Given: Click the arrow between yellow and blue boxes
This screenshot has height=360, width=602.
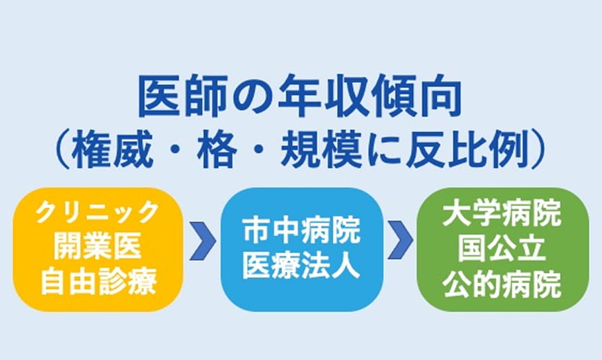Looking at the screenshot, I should pos(201,240).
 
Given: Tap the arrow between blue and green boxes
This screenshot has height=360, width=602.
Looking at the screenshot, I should pos(401,240).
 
